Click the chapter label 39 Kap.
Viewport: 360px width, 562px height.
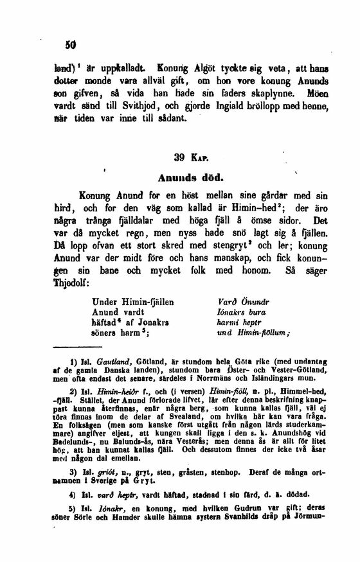tap(188, 156)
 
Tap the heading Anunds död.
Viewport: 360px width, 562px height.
tap(188, 175)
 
